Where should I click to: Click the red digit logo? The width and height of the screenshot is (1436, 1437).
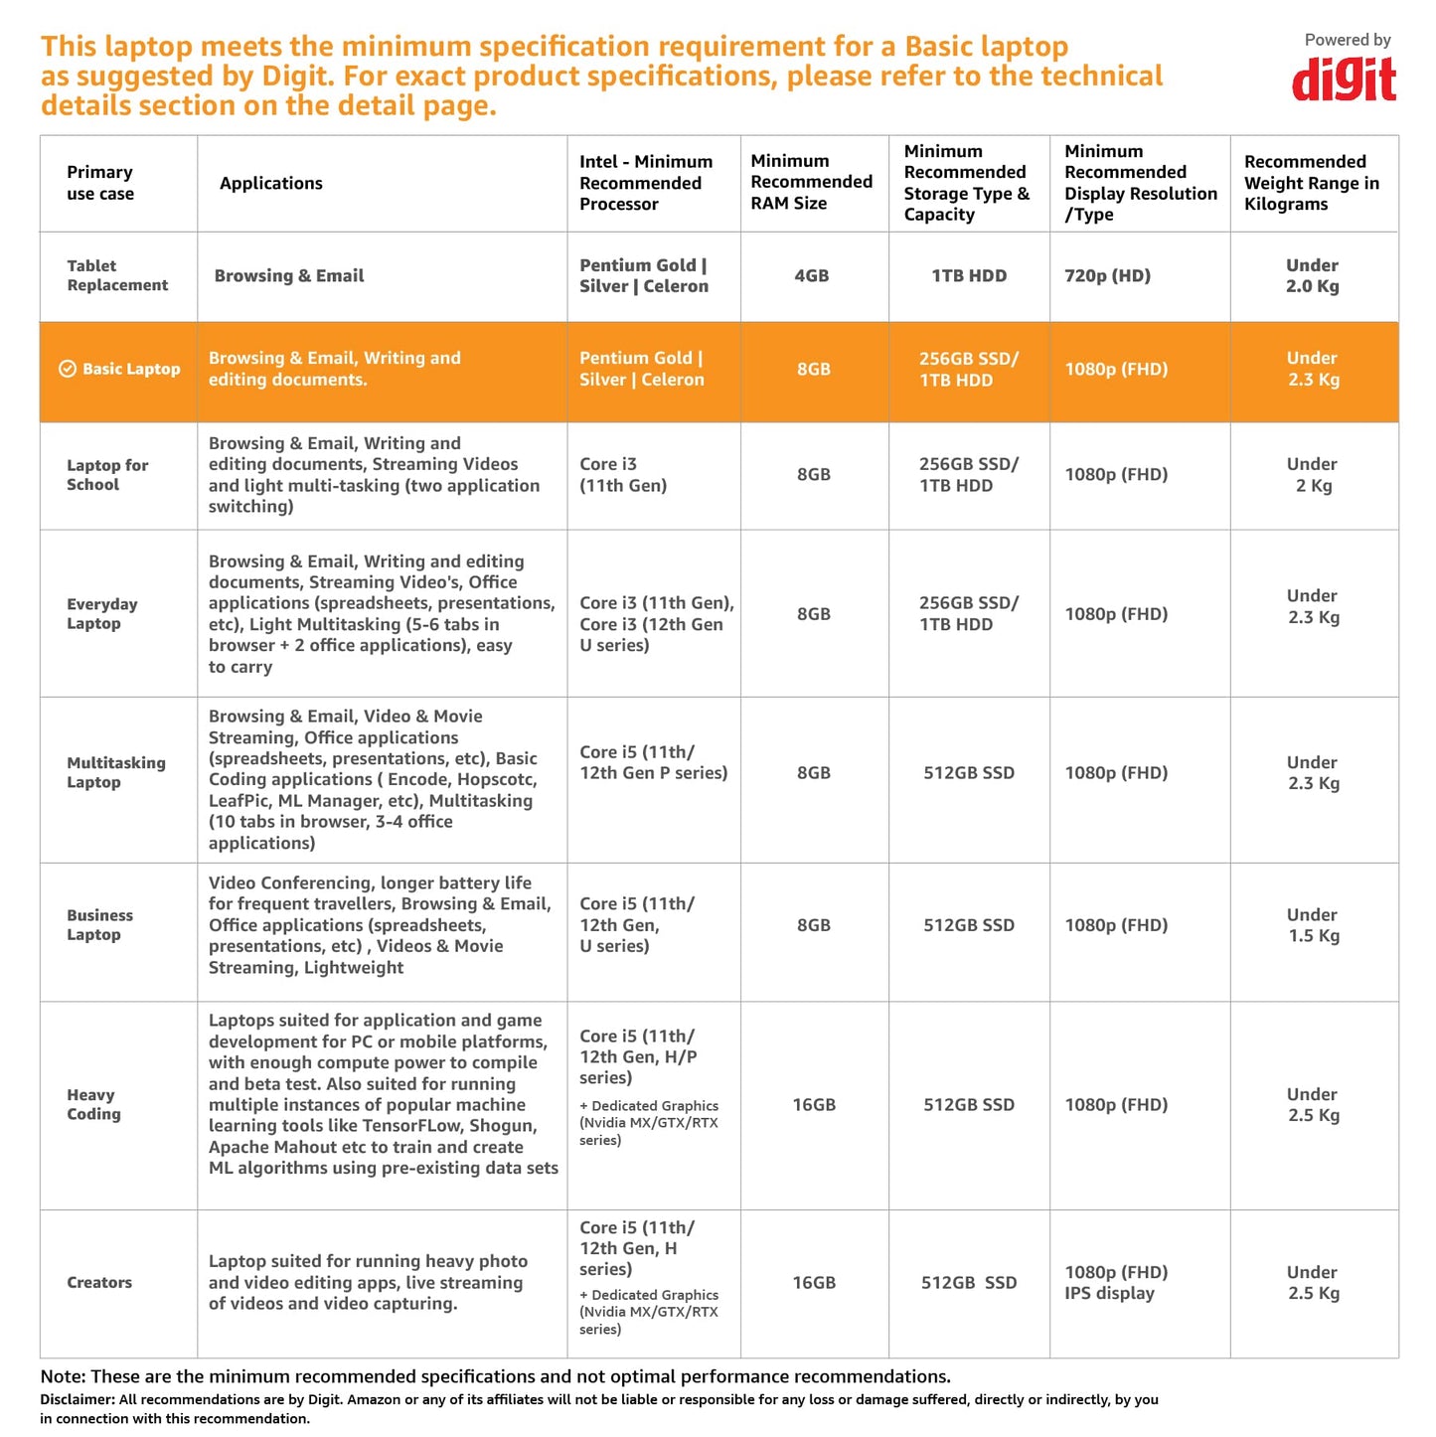click(x=1344, y=80)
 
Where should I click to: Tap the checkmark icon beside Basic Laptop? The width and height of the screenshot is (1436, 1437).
click(x=68, y=369)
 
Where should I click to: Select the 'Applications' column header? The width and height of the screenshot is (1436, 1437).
click(x=271, y=183)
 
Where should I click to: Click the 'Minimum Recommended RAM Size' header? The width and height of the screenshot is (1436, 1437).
click(x=811, y=182)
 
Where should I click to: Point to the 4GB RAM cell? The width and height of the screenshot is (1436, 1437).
click(x=811, y=276)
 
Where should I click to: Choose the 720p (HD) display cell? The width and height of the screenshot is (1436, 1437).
click(x=1107, y=276)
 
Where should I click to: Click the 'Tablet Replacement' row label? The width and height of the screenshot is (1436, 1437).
click(x=117, y=275)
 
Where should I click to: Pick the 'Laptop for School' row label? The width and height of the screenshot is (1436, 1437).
click(x=107, y=475)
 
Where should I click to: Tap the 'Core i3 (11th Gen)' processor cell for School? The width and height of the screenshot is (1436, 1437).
click(x=623, y=475)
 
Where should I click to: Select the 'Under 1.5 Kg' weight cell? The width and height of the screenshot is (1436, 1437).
click(x=1313, y=925)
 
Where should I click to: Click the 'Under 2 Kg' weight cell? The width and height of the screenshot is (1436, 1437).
click(x=1312, y=475)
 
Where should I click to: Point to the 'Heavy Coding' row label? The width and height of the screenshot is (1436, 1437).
click(x=93, y=1104)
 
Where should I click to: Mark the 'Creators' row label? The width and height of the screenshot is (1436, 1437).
click(x=99, y=1283)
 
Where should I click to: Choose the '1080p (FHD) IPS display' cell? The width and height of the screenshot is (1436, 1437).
click(x=1116, y=1283)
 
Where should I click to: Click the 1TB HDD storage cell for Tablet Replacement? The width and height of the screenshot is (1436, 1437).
click(x=969, y=276)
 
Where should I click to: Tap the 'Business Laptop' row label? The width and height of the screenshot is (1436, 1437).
click(x=99, y=925)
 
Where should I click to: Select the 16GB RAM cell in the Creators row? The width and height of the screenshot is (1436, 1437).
click(x=814, y=1283)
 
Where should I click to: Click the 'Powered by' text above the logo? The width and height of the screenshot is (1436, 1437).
click(x=1348, y=40)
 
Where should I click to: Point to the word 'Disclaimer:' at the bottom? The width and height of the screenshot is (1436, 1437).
click(x=77, y=1399)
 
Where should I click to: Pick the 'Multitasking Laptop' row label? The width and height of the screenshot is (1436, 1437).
click(x=116, y=772)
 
